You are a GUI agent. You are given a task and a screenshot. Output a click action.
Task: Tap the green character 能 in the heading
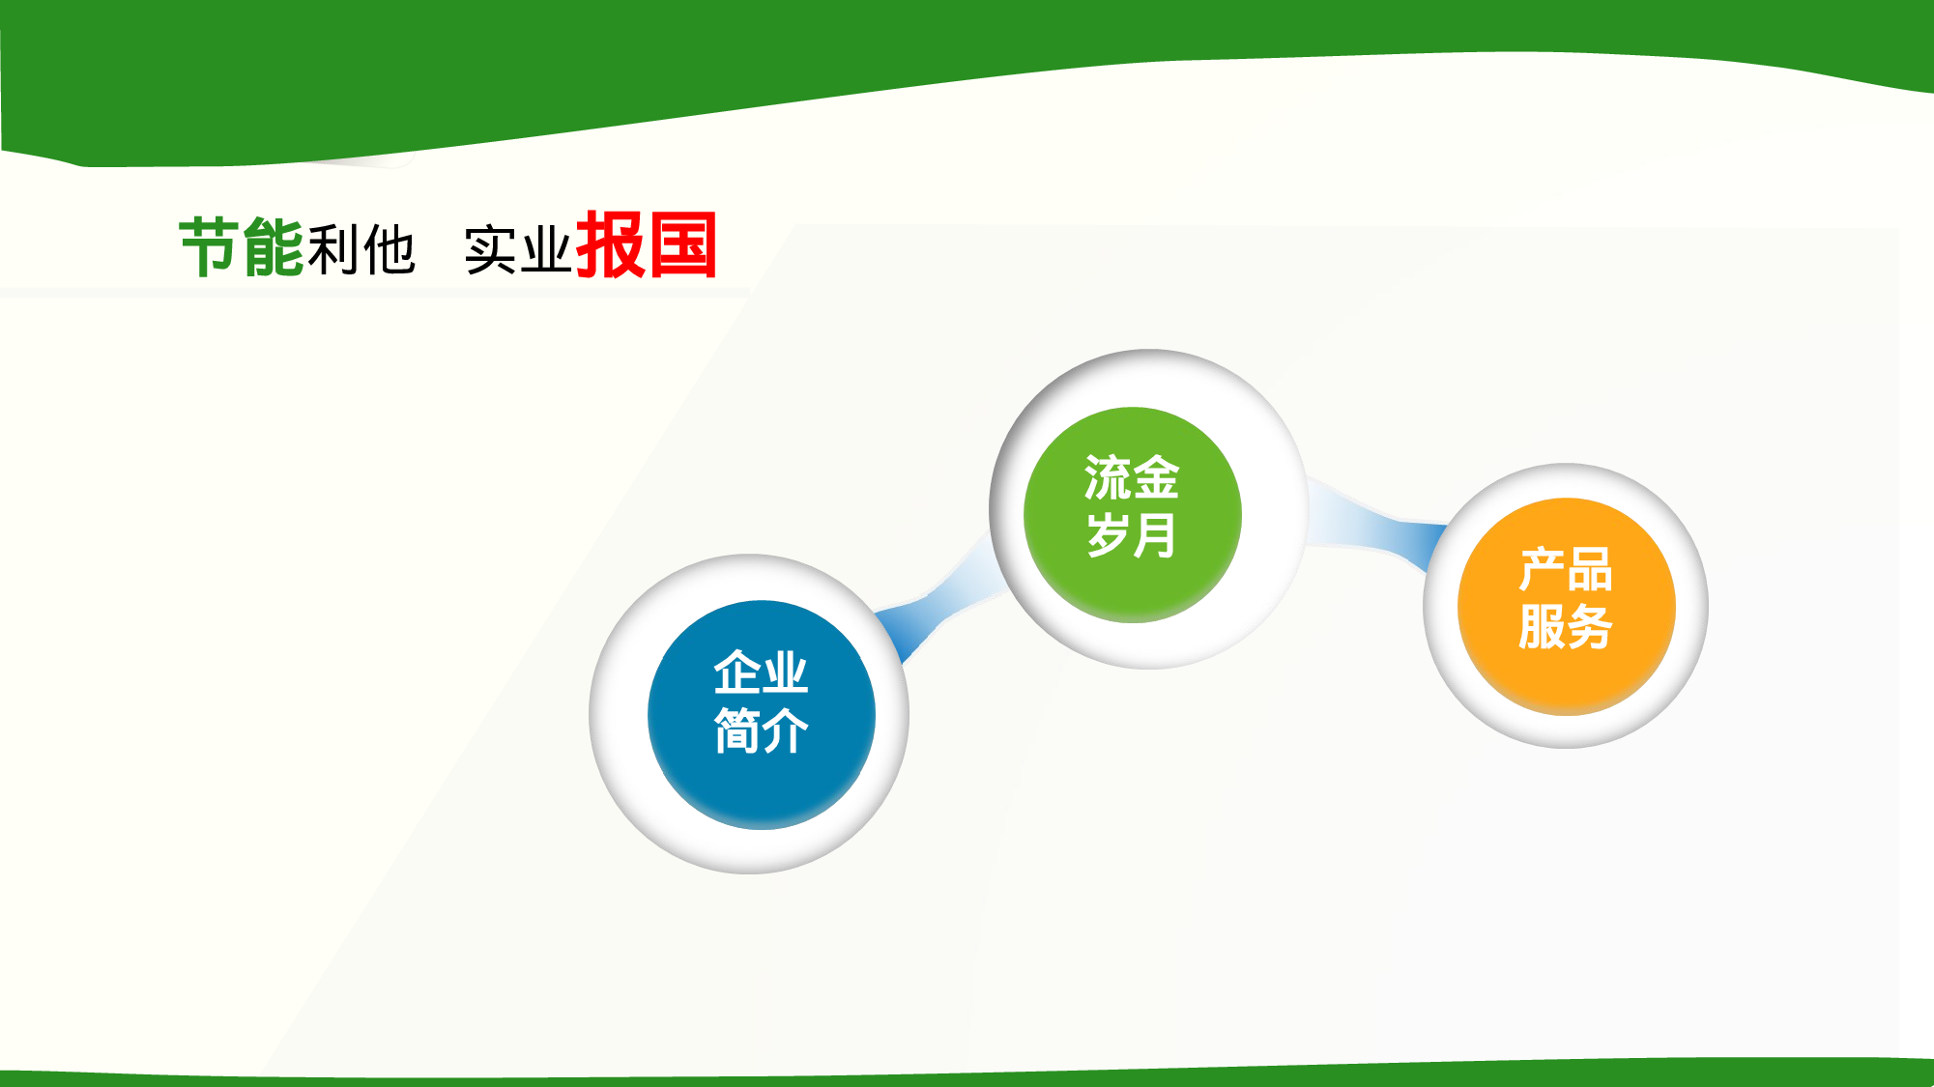[274, 247]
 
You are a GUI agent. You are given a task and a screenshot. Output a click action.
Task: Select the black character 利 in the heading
[333, 249]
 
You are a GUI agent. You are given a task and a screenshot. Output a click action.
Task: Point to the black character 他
[389, 249]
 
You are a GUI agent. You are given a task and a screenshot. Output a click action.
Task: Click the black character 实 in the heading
[491, 250]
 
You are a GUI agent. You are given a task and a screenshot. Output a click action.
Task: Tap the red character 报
[610, 245]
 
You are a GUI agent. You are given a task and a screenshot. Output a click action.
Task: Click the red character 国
[682, 245]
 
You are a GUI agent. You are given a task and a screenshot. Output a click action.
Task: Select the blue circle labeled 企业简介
[761, 714]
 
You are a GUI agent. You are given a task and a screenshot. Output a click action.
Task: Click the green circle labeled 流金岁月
[1132, 514]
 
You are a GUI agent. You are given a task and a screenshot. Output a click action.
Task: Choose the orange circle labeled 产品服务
[1566, 606]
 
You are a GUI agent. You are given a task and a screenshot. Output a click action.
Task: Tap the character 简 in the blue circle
[736, 730]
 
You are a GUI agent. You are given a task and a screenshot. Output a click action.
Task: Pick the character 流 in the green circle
[1108, 477]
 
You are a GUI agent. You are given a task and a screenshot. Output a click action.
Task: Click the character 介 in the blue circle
[785, 730]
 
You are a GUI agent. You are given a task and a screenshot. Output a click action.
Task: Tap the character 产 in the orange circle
[1542, 569]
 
